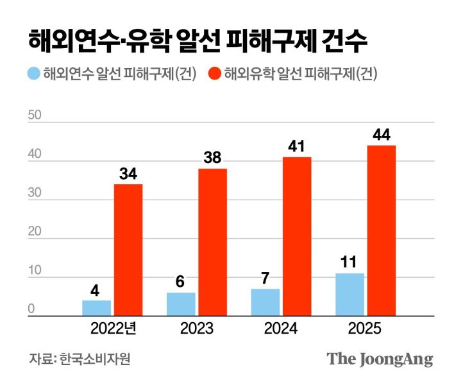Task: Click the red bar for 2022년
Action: (x=128, y=250)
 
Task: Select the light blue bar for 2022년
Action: (x=96, y=308)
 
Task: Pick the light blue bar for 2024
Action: (x=265, y=302)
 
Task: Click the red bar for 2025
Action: (x=381, y=231)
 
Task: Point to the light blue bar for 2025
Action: (x=349, y=295)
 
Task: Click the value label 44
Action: (x=381, y=135)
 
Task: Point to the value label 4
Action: (x=96, y=290)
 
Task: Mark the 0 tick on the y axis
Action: (x=31, y=311)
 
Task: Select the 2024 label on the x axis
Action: (x=281, y=329)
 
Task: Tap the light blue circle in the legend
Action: (x=34, y=74)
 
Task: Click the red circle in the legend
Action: (x=215, y=74)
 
